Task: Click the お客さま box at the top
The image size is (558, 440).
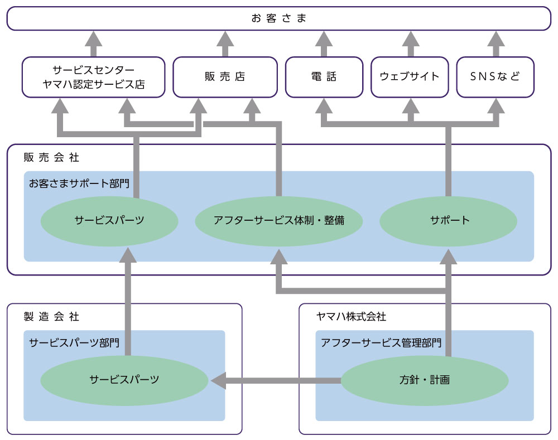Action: tap(279, 18)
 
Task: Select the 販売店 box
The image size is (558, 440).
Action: tap(225, 77)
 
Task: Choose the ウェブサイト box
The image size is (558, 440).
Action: tap(410, 77)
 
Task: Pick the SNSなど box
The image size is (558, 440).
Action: tap(496, 77)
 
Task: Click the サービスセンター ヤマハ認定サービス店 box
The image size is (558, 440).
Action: tap(94, 77)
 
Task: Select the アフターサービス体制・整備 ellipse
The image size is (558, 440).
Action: tap(279, 220)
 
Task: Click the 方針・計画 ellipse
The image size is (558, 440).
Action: tap(425, 381)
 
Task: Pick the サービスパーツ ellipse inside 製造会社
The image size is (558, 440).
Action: tap(124, 380)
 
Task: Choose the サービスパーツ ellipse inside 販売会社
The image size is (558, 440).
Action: tap(109, 220)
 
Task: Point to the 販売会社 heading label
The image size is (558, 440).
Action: tap(51, 158)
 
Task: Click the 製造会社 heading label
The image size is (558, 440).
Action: tap(51, 317)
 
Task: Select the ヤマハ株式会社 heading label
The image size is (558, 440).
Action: tap(351, 317)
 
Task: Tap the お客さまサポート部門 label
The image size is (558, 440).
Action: tap(79, 183)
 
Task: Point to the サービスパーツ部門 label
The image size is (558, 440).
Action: tap(74, 342)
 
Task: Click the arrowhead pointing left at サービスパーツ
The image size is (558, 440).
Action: tap(218, 381)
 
